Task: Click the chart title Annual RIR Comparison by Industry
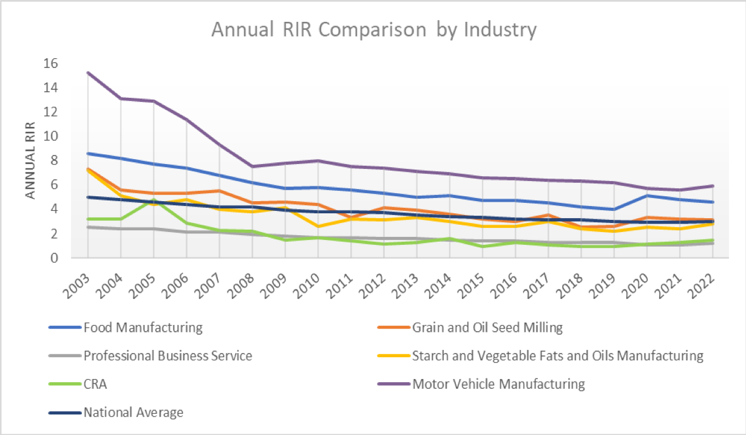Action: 373,29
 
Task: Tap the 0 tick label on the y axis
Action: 53,258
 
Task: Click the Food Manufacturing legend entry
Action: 143,327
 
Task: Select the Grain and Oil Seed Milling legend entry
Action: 487,327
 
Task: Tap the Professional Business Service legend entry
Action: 168,355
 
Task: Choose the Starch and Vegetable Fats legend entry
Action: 557,355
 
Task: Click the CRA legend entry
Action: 96,384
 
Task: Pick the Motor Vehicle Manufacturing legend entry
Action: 498,384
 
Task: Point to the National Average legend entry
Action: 134,413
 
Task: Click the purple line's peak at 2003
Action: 88,73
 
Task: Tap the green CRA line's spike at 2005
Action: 154,199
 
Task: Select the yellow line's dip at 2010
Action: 317,226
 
